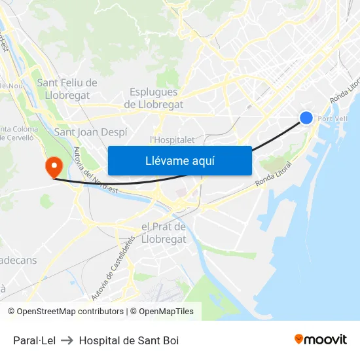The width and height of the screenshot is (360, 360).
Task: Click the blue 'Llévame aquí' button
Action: [x=179, y=160]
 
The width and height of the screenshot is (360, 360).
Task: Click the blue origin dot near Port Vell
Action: [x=306, y=118]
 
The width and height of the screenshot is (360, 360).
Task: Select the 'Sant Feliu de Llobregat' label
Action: [x=67, y=88]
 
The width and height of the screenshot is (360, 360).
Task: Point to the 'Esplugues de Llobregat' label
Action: [x=153, y=98]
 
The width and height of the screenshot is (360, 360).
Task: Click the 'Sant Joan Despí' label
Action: [x=90, y=132]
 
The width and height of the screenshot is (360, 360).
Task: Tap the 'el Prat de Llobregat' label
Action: [x=164, y=233]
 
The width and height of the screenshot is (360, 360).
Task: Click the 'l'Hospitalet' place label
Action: [x=172, y=139]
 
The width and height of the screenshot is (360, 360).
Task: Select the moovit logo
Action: [x=320, y=339]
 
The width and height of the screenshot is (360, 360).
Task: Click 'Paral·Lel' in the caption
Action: [x=34, y=340]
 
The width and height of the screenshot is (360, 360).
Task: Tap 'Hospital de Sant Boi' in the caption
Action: [x=129, y=340]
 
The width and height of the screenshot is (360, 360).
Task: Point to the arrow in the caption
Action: [x=67, y=340]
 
